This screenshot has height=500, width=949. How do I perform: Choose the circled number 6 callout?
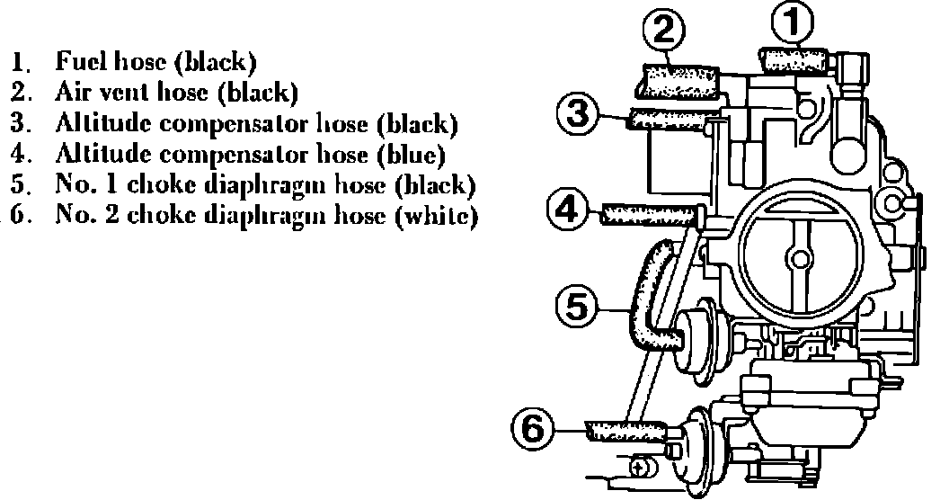(534, 426)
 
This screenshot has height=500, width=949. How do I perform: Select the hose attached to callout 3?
(669, 118)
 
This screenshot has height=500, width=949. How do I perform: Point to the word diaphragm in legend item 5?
(277, 185)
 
